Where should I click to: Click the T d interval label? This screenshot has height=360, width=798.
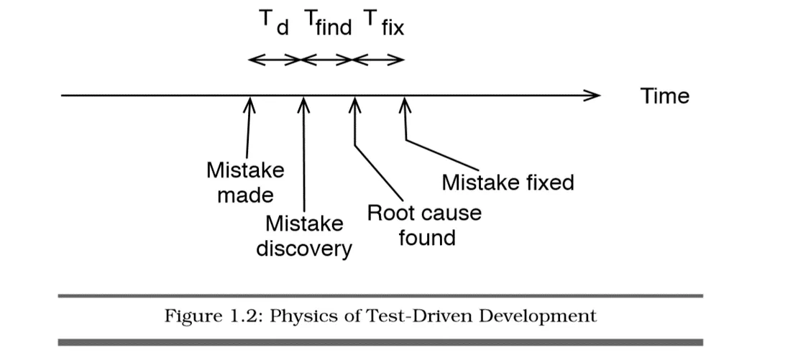point(274,24)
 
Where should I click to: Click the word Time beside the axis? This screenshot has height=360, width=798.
point(664,96)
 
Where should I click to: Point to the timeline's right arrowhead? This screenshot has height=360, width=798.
point(593,95)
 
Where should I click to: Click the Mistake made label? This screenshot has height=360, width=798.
point(245,183)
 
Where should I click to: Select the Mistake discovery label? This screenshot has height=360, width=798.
point(304,236)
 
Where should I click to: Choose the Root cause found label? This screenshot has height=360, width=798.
point(424,225)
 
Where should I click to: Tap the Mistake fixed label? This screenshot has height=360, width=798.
point(508,183)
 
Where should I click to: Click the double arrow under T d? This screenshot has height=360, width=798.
point(275,60)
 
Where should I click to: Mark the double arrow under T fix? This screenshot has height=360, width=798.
point(379,60)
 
